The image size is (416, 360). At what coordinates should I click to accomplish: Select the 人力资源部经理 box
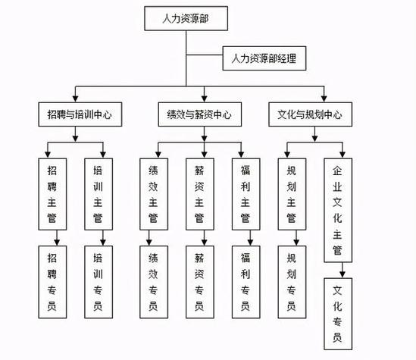(264, 58)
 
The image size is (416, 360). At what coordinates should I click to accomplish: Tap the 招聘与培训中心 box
(74, 115)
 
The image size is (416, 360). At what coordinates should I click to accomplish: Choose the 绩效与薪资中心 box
(199, 115)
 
